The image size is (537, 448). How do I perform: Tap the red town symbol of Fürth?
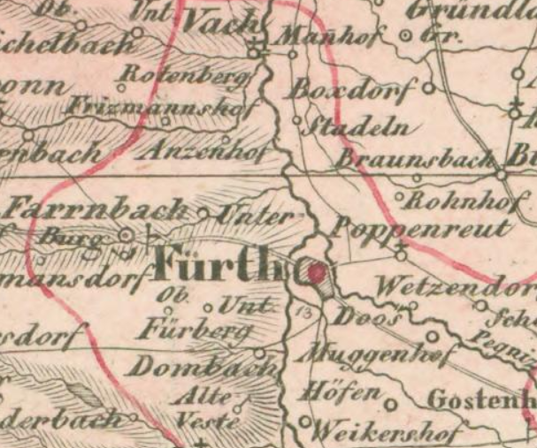click(x=316, y=275)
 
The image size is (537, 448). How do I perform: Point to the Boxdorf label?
click(x=353, y=90)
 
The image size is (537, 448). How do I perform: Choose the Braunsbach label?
click(x=415, y=160)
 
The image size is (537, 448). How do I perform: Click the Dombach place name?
click(x=200, y=364)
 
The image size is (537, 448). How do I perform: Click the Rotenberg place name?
click(x=186, y=75)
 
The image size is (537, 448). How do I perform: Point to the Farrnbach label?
click(x=97, y=210)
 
